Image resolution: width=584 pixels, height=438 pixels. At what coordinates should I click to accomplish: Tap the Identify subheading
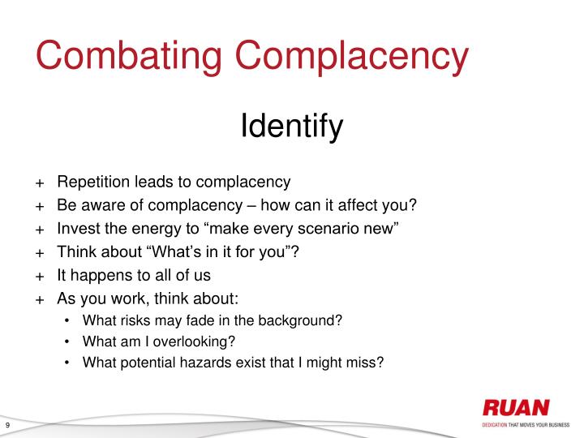(292, 127)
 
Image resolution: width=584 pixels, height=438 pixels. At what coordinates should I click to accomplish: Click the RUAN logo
(516, 408)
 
